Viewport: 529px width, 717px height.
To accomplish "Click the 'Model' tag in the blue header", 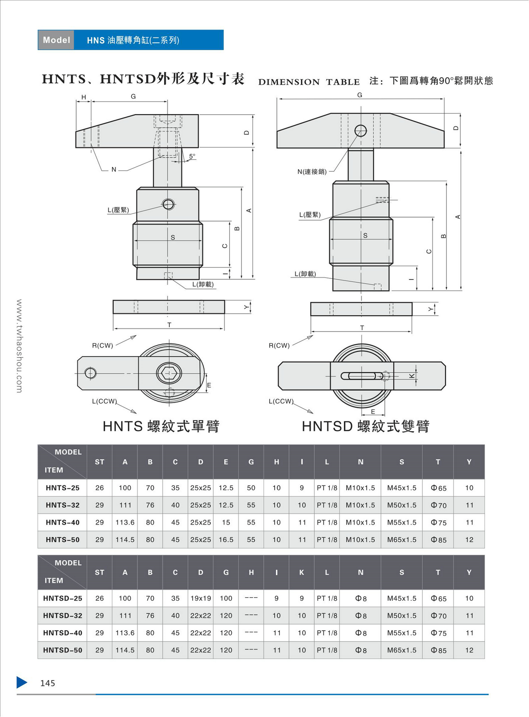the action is (x=56, y=40).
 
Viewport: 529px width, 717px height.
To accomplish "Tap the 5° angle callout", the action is (x=192, y=156).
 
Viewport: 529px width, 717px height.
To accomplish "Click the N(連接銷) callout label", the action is (x=312, y=172).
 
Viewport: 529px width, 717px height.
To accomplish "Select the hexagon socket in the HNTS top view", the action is (x=169, y=374).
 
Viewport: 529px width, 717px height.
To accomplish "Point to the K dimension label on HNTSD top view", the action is (x=412, y=376).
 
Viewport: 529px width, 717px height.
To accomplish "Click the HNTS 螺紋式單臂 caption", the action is (x=161, y=426).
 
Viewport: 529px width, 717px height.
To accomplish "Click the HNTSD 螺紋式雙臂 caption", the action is (x=365, y=426).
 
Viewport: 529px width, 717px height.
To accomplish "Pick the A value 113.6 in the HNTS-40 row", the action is (x=125, y=522).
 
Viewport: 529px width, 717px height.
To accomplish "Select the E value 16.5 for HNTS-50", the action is (x=226, y=540).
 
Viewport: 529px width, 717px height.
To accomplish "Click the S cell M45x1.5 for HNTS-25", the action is (x=402, y=488).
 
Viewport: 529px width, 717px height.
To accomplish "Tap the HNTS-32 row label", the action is (x=63, y=505).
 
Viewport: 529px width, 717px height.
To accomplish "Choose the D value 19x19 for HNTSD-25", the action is (x=201, y=599).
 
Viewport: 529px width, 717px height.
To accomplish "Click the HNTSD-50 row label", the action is (x=63, y=650).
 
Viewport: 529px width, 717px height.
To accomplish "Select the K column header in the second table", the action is (x=302, y=573).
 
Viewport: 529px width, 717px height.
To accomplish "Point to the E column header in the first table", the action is (x=226, y=462).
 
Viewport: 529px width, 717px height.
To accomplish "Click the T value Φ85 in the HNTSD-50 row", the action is (x=439, y=650).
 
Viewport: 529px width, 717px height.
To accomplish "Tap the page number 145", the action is (x=48, y=683).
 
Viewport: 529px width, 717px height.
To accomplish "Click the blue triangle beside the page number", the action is (x=22, y=682).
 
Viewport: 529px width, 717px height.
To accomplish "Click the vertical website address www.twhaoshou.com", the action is (x=19, y=346).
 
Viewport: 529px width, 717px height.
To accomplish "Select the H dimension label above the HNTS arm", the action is (x=84, y=97).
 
